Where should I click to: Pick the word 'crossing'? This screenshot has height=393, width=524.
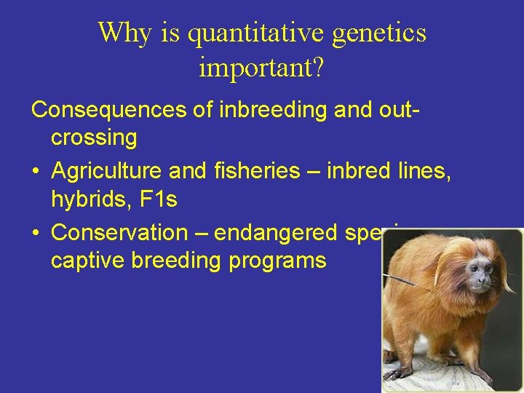pyautogui.click(x=94, y=137)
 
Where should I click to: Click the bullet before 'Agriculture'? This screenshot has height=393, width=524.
pyautogui.click(x=36, y=172)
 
